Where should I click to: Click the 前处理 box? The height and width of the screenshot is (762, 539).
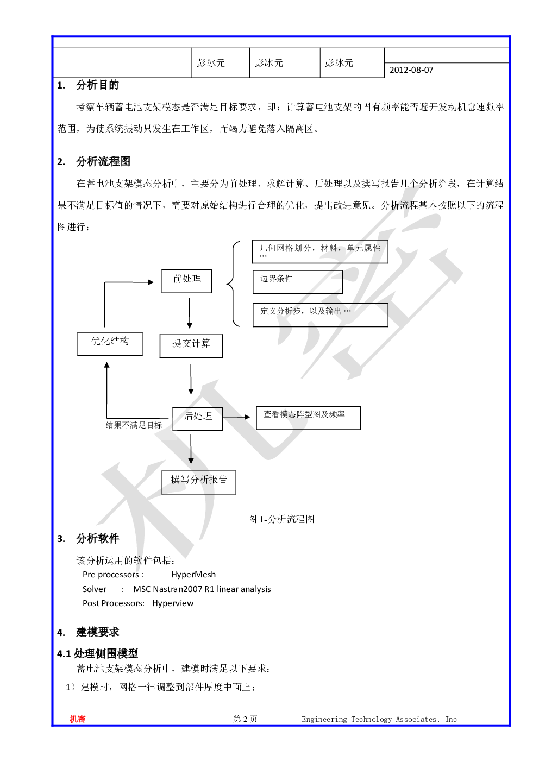[x=186, y=281]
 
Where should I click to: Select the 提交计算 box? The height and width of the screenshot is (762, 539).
[x=191, y=345]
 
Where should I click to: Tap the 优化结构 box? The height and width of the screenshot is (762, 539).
[x=110, y=344]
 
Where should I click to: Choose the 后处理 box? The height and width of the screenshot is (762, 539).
[x=197, y=418]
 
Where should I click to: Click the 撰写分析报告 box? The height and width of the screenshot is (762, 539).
[x=198, y=482]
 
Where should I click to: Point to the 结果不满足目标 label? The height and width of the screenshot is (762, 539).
[x=134, y=425]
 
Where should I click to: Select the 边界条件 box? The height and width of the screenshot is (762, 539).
[x=297, y=282]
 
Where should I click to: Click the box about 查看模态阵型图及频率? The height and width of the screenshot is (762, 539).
[x=308, y=418]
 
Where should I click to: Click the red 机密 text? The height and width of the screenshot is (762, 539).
[x=78, y=719]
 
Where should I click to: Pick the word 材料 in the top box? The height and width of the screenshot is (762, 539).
[x=329, y=248]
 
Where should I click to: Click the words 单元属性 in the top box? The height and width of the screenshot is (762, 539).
[x=363, y=248]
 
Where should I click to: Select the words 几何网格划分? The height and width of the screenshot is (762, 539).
[x=285, y=248]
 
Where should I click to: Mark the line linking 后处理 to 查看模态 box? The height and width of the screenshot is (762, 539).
[x=233, y=418]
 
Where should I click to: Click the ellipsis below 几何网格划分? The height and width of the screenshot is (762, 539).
[x=263, y=256]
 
